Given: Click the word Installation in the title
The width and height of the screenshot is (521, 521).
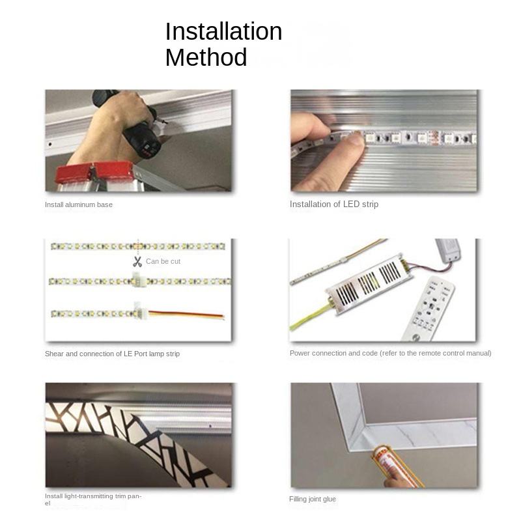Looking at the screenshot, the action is pos(223,31).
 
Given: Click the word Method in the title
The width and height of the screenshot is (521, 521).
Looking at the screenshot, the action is pos(206,57).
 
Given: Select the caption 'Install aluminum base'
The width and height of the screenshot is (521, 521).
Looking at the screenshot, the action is pos(79,204).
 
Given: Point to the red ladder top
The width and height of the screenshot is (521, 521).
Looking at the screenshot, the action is pos(94,172).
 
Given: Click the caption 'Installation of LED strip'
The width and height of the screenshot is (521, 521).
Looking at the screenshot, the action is pos(334,204).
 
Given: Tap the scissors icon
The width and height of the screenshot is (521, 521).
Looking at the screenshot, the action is pos(137,262).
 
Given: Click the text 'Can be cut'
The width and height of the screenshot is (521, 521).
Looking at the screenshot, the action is pos(163,262).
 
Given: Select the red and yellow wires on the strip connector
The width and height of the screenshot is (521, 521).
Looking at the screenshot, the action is pos(186,315).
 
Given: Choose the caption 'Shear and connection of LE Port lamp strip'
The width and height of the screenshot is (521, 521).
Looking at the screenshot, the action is pos(112,354).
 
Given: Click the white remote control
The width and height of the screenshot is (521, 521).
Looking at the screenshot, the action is pos(428,308).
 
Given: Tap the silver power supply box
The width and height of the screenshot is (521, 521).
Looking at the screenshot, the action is pos(369,284).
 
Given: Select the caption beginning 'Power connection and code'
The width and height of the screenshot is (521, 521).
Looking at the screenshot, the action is pos(390,353).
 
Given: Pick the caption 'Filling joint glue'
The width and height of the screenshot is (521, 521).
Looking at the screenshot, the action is pos(313,499).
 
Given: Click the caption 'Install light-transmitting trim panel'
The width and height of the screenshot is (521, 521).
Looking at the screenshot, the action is pos(93,500).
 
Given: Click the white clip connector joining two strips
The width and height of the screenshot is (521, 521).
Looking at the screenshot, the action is pos(139,281).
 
